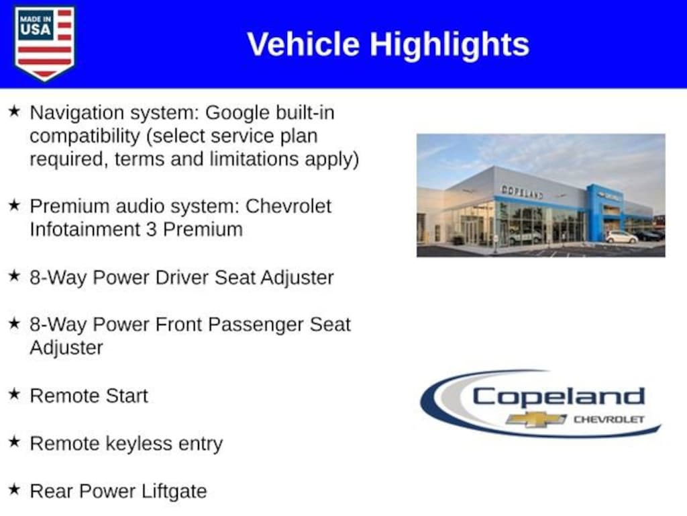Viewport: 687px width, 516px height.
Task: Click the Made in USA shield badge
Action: coord(44,43)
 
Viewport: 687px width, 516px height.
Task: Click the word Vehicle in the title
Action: coord(303,44)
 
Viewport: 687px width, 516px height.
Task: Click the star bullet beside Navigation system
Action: coord(15,111)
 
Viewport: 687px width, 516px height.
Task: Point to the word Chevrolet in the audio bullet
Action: coord(288,206)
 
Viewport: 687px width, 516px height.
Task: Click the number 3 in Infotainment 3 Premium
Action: coord(151,230)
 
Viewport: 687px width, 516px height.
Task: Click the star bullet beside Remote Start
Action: coord(15,394)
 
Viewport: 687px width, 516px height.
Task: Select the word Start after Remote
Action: coord(127,396)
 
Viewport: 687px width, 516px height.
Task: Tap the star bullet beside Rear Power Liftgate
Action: coord(15,489)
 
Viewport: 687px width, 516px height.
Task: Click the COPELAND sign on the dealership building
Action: coord(522,191)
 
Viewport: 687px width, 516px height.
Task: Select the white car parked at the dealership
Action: coord(621,237)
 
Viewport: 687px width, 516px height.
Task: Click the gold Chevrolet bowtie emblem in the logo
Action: coord(535,419)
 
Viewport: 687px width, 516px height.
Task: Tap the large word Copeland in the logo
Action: coord(558,398)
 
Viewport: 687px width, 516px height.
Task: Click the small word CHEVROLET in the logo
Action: coord(609,419)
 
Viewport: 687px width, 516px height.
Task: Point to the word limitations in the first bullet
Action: coord(255,159)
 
